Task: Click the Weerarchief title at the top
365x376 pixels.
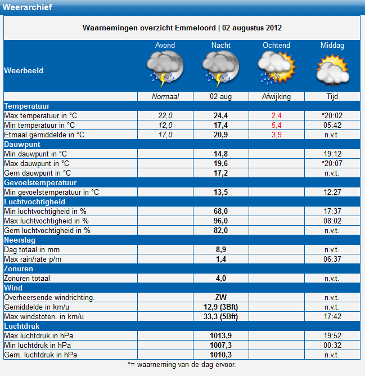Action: [27, 7]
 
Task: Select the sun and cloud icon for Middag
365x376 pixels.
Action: [332, 70]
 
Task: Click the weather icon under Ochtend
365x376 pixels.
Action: [277, 68]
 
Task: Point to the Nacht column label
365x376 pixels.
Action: [220, 46]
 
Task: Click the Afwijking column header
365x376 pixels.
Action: [276, 97]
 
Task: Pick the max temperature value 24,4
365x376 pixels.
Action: [220, 115]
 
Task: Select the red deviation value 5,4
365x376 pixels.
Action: [276, 125]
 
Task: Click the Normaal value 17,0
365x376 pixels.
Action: [165, 135]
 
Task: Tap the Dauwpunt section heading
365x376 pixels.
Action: [22, 144]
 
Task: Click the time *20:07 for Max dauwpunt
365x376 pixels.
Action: [332, 164]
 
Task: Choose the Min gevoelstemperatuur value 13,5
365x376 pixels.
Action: [220, 193]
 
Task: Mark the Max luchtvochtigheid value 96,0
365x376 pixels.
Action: [220, 221]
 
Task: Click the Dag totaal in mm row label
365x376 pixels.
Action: [32, 249]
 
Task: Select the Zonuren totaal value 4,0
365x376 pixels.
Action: [220, 279]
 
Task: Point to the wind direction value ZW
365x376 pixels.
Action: [220, 297]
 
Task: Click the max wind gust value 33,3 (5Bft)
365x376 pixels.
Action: [220, 316]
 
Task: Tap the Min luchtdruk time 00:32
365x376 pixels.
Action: [332, 345]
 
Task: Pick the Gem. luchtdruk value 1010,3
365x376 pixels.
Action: [220, 355]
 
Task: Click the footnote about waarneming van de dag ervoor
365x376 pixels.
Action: [182, 365]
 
